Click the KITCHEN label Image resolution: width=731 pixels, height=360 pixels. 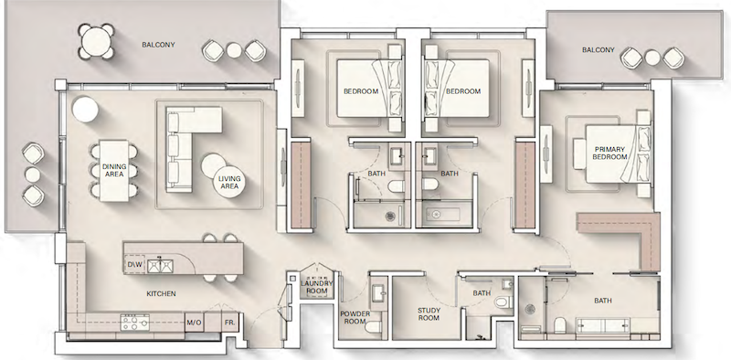pyautogui.click(x=162, y=294)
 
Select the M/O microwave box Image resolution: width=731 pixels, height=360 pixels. pyautogui.click(x=194, y=323)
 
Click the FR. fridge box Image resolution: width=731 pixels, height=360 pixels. pyautogui.click(x=230, y=323)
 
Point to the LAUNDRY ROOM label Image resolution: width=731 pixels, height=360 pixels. pyautogui.click(x=317, y=287)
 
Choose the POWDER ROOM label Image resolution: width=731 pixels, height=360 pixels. pyautogui.click(x=355, y=318)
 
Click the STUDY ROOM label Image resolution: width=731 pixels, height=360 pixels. pyautogui.click(x=429, y=313)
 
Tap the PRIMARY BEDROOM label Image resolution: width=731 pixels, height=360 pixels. pyautogui.click(x=609, y=153)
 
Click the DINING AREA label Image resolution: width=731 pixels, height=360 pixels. pyautogui.click(x=114, y=170)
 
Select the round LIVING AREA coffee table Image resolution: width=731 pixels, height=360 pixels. pyautogui.click(x=229, y=182)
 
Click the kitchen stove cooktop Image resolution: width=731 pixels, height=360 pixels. pyautogui.click(x=135, y=323)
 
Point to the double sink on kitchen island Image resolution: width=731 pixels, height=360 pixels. pyautogui.click(x=160, y=266)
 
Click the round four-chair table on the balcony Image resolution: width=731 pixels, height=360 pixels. pyautogui.click(x=96, y=41)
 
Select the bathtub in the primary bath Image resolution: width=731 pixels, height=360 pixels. pyautogui.click(x=604, y=325)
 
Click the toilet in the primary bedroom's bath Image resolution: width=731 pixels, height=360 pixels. pyautogui.click(x=559, y=324)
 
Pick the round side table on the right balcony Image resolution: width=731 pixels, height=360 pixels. pyautogui.click(x=652, y=58)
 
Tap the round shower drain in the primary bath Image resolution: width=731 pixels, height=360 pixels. pyautogui.click(x=530, y=309)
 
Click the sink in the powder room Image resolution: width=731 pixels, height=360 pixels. pyautogui.click(x=378, y=291)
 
